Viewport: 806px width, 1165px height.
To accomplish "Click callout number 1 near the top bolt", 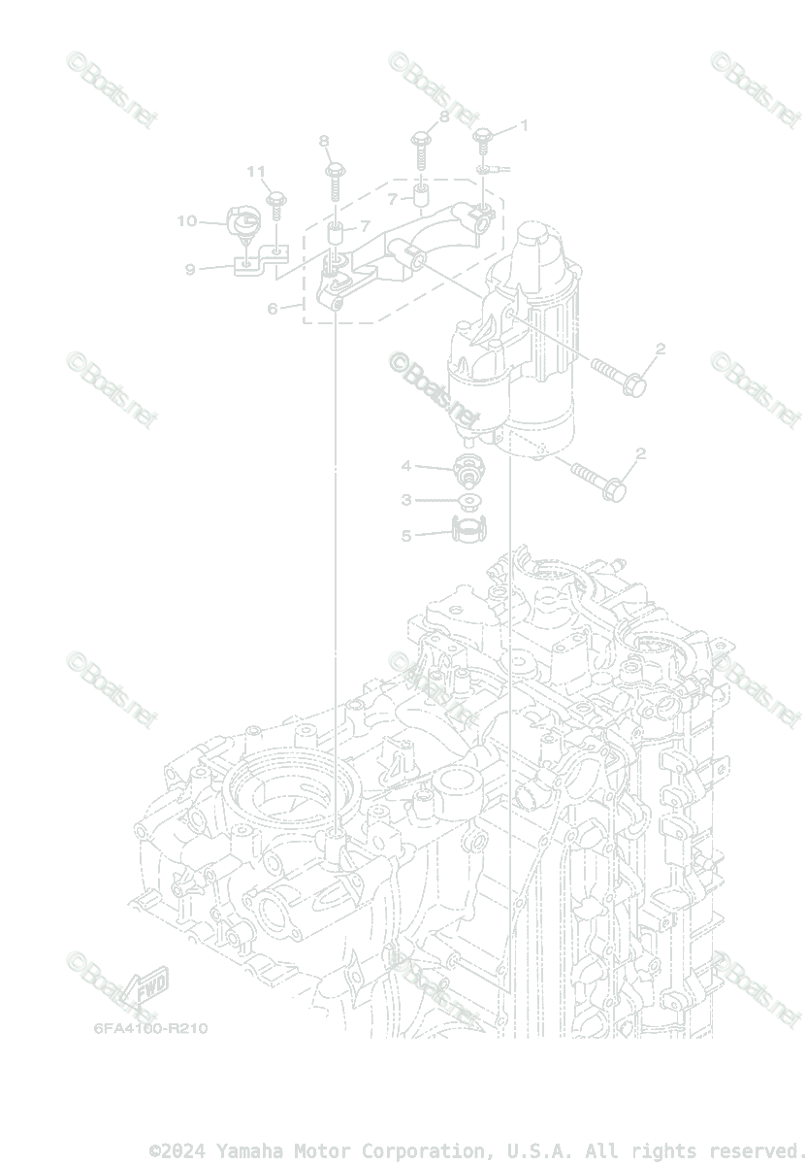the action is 525,125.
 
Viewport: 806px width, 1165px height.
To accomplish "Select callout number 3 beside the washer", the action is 407,500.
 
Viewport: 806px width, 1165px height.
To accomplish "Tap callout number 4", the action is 407,467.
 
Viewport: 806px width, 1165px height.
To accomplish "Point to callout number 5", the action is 407,535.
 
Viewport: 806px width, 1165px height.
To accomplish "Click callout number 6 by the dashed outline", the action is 273,309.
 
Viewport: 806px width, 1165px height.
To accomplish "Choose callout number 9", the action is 190,269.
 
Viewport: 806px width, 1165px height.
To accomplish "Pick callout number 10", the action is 186,221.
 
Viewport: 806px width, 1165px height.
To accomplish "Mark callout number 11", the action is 255,172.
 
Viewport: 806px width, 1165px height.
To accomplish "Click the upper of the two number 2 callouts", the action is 660,349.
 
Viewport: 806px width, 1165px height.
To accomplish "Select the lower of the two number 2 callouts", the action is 640,453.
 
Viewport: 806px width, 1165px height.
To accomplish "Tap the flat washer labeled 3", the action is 468,502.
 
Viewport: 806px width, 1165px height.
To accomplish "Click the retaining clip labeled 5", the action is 468,531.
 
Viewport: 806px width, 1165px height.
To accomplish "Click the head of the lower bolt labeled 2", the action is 613,490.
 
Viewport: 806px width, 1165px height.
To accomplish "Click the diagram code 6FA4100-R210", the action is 150,1028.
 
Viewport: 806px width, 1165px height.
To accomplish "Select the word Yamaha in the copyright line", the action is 245,1151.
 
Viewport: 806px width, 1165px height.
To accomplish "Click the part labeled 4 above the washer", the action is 469,469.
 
